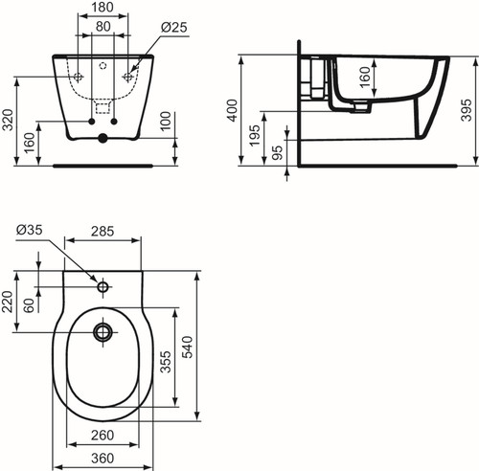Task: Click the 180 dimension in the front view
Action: [x=103, y=7]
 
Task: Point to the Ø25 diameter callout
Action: [x=174, y=27]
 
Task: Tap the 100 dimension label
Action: [x=166, y=121]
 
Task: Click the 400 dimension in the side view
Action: [x=233, y=110]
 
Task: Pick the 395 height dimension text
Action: [x=467, y=110]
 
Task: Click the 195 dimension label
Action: [x=255, y=136]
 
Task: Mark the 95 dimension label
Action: [x=278, y=152]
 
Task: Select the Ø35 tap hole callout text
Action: [x=29, y=230]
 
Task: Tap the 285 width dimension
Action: [x=103, y=232]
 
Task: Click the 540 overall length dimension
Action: [x=188, y=347]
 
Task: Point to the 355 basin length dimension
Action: [x=166, y=362]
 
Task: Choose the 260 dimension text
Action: [x=103, y=435]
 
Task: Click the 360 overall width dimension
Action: [x=103, y=459]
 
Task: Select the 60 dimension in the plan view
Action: [x=29, y=305]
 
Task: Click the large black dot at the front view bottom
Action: [x=103, y=138]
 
